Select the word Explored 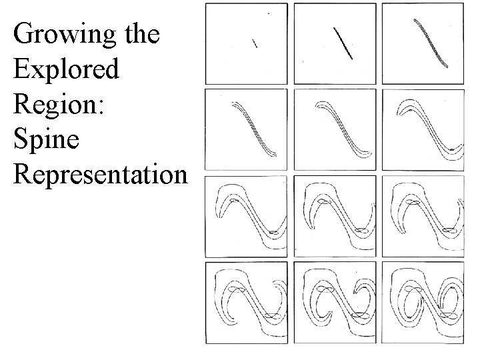click(x=66, y=69)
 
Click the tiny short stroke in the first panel click(x=254, y=43)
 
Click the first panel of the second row click(x=247, y=130)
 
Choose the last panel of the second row click(x=423, y=130)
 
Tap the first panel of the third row click(x=247, y=217)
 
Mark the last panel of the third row click(x=423, y=217)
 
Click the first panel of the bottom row click(x=247, y=303)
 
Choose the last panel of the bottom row click(x=423, y=303)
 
